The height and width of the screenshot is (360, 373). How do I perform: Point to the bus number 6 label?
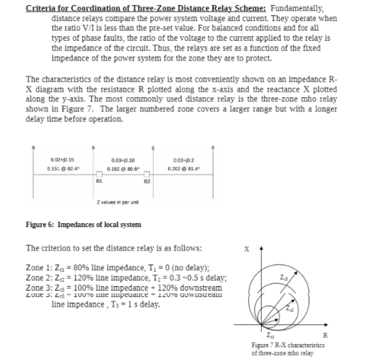click(x=214, y=147)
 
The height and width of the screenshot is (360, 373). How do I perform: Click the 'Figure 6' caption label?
click(x=40, y=225)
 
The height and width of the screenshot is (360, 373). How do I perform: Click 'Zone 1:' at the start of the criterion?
click(x=38, y=268)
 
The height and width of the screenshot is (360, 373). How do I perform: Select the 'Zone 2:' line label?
click(x=38, y=277)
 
